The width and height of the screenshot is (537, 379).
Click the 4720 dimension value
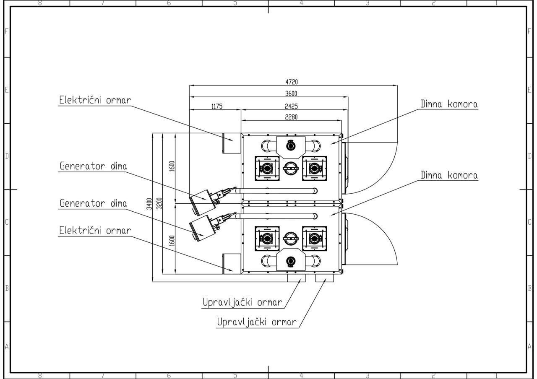292,82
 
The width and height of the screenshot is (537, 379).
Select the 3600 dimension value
291,93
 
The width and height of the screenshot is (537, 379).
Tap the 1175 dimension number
217,106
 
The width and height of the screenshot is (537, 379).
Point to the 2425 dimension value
291,106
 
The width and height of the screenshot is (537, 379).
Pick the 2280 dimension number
291,117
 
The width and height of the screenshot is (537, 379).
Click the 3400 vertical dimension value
149,204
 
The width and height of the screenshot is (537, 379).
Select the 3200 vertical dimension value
159,204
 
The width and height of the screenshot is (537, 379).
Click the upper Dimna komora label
449,104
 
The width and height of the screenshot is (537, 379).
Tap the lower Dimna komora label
449,175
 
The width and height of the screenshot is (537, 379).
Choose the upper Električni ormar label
95,100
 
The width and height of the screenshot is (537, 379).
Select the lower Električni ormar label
95,231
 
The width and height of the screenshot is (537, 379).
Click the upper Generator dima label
93,166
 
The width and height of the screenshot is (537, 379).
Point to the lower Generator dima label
93,203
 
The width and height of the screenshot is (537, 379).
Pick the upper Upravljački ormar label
242,303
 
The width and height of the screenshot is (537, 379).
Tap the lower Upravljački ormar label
257,322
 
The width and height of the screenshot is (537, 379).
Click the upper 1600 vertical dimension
172,166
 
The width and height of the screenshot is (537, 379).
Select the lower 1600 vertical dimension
172,241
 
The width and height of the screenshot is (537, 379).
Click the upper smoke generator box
202,202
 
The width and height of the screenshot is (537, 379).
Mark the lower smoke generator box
202,228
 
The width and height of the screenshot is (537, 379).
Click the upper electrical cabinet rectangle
232,143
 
